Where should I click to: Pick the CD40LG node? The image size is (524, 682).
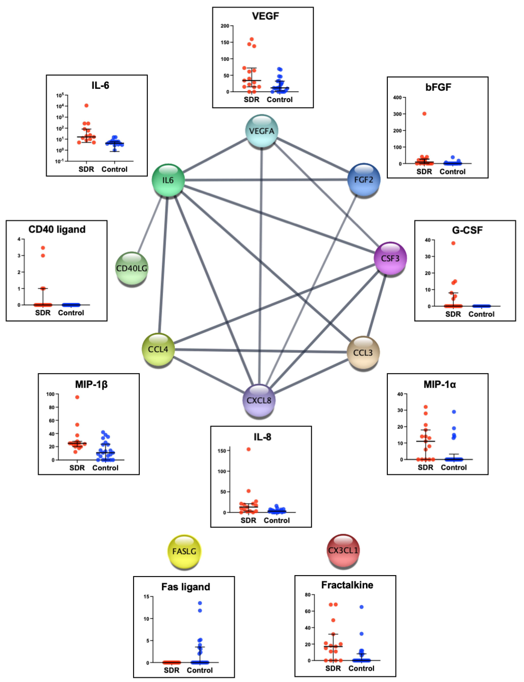pyautogui.click(x=132, y=268)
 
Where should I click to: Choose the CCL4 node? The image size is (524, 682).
pyautogui.click(x=158, y=349)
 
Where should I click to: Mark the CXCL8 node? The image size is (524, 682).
pyautogui.click(x=259, y=400)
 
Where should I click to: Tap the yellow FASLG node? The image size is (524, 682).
pyautogui.click(x=184, y=551)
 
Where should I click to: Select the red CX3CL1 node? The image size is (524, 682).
pyautogui.click(x=343, y=550)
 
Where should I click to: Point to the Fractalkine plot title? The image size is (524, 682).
pyautogui.click(x=347, y=585)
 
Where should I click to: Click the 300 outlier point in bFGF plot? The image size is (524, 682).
pyautogui.click(x=424, y=114)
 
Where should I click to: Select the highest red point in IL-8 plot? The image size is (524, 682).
pyautogui.click(x=249, y=449)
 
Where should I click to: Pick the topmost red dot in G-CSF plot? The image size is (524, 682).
pyautogui.click(x=453, y=243)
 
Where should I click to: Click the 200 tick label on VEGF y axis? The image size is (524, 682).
pyautogui.click(x=225, y=26)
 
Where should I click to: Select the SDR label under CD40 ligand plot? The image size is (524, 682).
pyautogui.click(x=43, y=313)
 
